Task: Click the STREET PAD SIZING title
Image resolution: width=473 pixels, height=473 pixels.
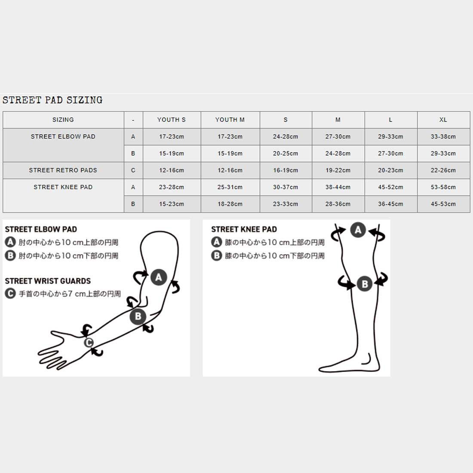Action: tap(52, 100)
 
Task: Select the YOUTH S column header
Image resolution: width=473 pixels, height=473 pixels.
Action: tap(172, 120)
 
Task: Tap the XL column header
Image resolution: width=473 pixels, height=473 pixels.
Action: tap(443, 120)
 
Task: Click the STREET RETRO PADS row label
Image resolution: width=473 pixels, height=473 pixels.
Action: tap(63, 170)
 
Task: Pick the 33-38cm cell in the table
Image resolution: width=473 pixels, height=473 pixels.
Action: tap(443, 137)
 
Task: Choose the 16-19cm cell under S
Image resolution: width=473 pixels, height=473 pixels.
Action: tap(286, 170)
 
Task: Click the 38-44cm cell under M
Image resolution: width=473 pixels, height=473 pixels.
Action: tap(338, 187)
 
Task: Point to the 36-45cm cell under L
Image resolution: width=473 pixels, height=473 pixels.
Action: tap(390, 204)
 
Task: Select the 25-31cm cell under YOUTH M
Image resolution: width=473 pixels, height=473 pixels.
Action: tap(230, 187)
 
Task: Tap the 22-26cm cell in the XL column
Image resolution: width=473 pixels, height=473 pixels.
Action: tap(443, 170)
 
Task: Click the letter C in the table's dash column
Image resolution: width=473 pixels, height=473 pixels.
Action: tap(133, 170)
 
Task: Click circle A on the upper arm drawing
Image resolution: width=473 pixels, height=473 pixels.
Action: tap(158, 277)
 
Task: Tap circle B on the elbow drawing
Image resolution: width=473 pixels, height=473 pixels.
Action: tap(138, 316)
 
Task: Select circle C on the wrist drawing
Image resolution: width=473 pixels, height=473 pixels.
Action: tap(89, 342)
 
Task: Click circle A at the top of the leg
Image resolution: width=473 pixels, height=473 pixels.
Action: tap(358, 230)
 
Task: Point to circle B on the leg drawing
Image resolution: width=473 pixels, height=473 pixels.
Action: tap(365, 284)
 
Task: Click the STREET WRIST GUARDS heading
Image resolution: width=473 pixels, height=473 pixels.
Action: tap(48, 281)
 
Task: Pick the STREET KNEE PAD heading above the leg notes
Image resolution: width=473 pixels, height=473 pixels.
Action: tap(244, 230)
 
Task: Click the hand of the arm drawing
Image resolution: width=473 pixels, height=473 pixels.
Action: tap(60, 346)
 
